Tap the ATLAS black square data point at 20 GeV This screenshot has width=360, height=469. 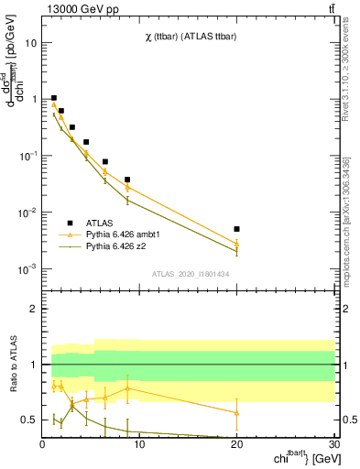[x=237, y=229]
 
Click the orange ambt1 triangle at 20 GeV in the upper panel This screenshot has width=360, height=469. [x=237, y=244]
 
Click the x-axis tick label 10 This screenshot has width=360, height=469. [x=139, y=445]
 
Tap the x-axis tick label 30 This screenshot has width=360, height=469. [x=333, y=445]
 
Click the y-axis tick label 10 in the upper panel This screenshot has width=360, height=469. [x=30, y=43]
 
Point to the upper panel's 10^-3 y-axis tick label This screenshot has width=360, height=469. [x=27, y=268]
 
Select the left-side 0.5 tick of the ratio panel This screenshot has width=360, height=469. [x=29, y=420]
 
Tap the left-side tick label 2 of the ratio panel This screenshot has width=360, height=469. [x=34, y=309]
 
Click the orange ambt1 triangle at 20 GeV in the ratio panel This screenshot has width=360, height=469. [x=237, y=413]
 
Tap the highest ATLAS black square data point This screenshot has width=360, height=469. [x=54, y=98]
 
